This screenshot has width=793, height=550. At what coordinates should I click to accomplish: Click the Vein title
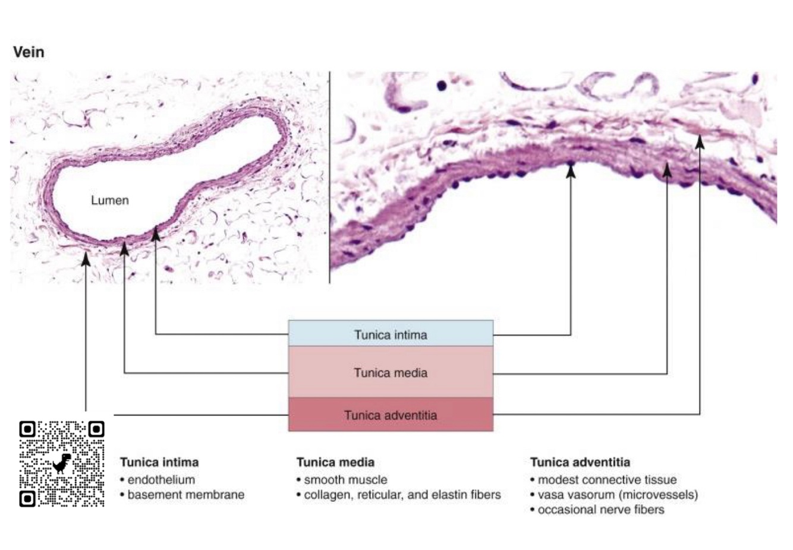click(x=29, y=52)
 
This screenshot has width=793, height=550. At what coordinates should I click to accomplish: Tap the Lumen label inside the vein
click(x=109, y=200)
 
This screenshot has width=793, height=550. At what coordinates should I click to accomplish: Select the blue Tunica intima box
click(x=391, y=334)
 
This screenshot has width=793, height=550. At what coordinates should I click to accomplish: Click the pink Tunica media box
click(x=391, y=372)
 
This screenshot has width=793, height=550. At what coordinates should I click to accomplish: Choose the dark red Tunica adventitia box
click(x=391, y=415)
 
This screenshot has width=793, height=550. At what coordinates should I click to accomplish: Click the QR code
click(x=62, y=464)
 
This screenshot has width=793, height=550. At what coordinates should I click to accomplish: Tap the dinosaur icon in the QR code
click(x=62, y=463)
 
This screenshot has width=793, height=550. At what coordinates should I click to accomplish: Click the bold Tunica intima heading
click(x=159, y=462)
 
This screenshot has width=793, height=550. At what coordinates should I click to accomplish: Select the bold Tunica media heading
click(x=335, y=462)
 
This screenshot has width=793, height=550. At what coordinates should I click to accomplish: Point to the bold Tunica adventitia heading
click(x=580, y=462)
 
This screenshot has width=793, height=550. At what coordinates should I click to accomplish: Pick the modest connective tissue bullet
click(x=607, y=479)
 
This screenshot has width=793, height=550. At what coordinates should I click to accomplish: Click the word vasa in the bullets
click(x=550, y=494)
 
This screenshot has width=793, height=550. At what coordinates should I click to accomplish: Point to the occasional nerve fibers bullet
click(x=601, y=509)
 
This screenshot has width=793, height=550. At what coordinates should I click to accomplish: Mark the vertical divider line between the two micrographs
click(x=329, y=178)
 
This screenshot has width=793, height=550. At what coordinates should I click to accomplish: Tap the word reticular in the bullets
click(x=380, y=494)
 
